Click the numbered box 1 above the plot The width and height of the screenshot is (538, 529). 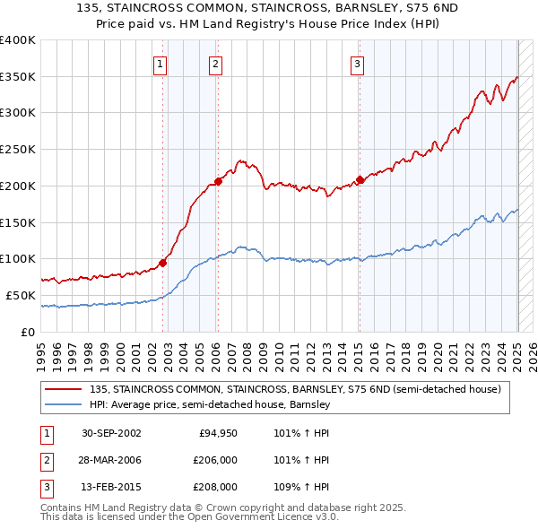click(x=160, y=64)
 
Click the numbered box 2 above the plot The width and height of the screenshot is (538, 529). click(x=217, y=64)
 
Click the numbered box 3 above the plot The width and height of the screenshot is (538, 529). click(x=357, y=64)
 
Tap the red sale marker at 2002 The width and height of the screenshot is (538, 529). click(x=163, y=263)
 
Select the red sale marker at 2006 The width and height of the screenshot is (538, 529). click(x=218, y=182)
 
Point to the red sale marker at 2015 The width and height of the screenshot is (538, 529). click(x=360, y=179)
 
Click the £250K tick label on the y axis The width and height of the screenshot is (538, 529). click(x=17, y=150)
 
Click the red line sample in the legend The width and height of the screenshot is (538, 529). click(x=64, y=389)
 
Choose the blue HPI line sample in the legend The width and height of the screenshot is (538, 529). click(x=64, y=404)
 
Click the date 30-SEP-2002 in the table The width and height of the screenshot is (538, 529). click(x=111, y=434)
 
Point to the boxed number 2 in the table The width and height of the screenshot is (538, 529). click(x=45, y=460)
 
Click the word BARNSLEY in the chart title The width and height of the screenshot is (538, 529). click(x=351, y=9)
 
